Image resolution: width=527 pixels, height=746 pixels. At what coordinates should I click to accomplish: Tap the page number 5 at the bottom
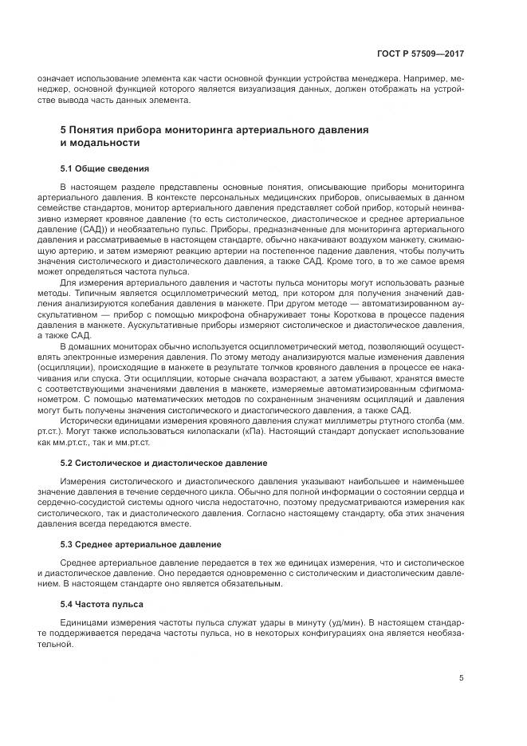pos(461,678)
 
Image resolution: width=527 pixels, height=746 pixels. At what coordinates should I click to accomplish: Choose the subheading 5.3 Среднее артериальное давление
pos(141,543)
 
